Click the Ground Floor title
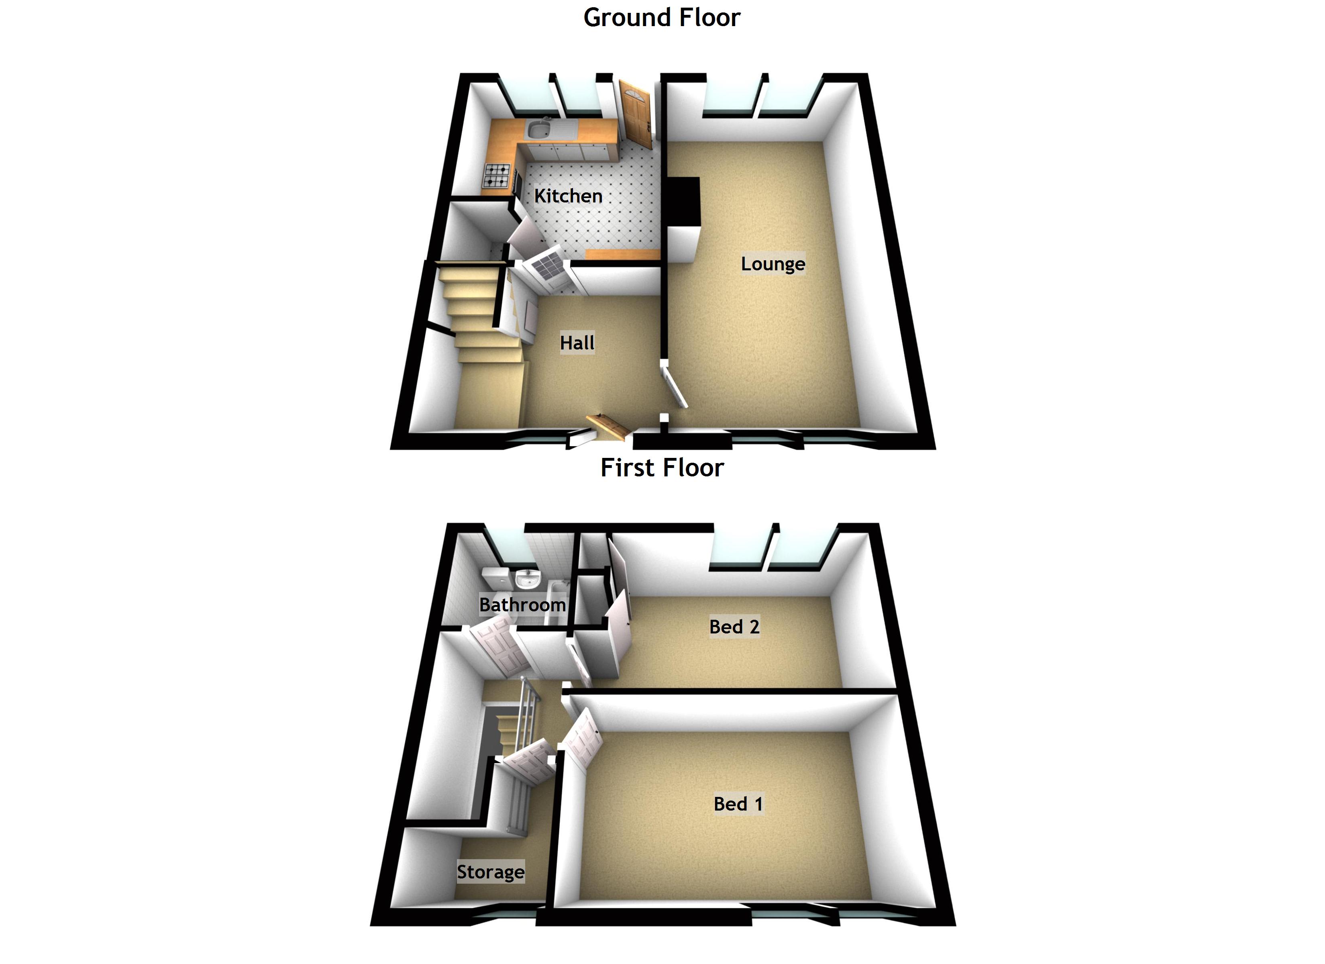pyautogui.click(x=662, y=18)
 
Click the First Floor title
pyautogui.click(x=662, y=468)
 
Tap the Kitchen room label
pyautogui.click(x=568, y=196)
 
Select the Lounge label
pyautogui.click(x=773, y=263)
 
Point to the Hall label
pyautogui.click(x=577, y=343)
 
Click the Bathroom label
pyautogui.click(x=522, y=605)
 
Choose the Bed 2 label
pyautogui.click(x=734, y=627)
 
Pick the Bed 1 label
pyautogui.click(x=738, y=804)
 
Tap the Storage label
pyautogui.click(x=491, y=872)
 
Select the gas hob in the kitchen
pyautogui.click(x=497, y=176)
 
